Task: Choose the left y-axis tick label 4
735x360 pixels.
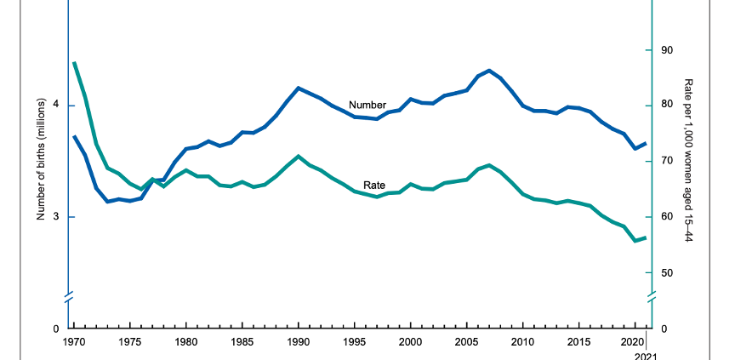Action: (57, 106)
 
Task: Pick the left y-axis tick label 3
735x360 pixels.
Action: (57, 217)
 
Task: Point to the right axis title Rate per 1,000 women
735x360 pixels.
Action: (689, 162)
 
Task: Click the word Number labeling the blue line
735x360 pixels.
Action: (367, 105)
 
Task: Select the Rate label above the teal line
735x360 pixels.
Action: (374, 185)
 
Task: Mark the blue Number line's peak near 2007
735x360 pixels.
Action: (488, 70)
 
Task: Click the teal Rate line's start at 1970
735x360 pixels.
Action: (74, 63)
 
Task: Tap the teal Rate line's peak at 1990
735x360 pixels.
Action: (299, 156)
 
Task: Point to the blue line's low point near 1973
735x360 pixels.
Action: (107, 202)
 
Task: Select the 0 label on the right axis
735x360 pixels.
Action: (663, 329)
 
